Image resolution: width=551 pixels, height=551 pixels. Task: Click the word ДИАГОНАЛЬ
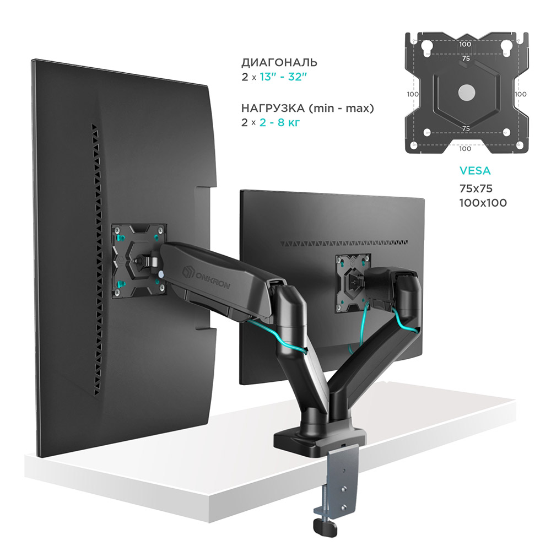279,62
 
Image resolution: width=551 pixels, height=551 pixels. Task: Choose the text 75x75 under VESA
476,189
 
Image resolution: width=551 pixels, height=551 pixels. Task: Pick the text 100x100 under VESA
483,203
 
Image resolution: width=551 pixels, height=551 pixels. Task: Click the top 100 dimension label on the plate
466,44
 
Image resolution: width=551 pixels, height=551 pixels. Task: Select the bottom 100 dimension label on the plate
466,148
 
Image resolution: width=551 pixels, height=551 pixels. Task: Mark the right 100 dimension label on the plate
520,94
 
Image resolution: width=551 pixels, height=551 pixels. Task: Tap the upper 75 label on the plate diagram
466,58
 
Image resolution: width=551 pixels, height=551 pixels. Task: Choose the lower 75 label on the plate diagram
466,128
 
